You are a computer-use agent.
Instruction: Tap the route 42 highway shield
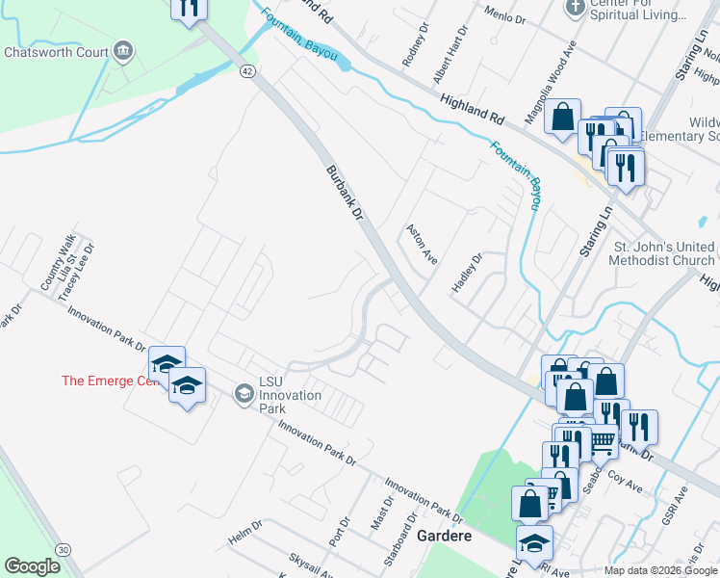click(x=247, y=71)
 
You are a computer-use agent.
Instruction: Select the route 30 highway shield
click(x=64, y=548)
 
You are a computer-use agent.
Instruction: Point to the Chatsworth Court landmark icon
click(x=122, y=50)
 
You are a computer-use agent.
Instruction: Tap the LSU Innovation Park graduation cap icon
click(x=244, y=392)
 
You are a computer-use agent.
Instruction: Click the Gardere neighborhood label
click(x=445, y=536)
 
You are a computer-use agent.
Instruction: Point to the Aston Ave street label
click(x=423, y=247)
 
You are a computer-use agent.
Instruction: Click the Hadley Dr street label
click(x=467, y=273)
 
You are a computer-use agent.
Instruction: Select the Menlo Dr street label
click(x=505, y=16)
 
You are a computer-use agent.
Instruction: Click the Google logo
click(x=32, y=565)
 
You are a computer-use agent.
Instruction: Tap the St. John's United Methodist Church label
click(x=664, y=253)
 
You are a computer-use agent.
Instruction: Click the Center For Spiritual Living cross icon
click(x=575, y=8)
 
